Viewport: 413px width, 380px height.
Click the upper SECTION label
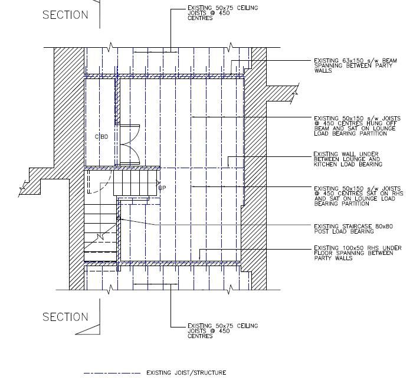tap(65, 15)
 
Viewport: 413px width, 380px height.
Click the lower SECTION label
tap(65, 317)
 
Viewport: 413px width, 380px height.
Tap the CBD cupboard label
tap(101, 137)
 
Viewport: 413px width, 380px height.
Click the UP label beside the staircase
tap(162, 188)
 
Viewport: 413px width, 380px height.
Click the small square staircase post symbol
tap(118, 218)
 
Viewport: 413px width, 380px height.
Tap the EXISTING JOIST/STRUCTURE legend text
tap(186, 373)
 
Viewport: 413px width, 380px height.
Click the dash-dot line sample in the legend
tap(112, 373)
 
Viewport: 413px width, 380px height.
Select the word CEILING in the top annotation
tap(247, 8)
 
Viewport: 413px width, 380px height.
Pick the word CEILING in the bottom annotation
tap(247, 326)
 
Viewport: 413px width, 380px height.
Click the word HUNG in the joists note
tap(373, 123)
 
